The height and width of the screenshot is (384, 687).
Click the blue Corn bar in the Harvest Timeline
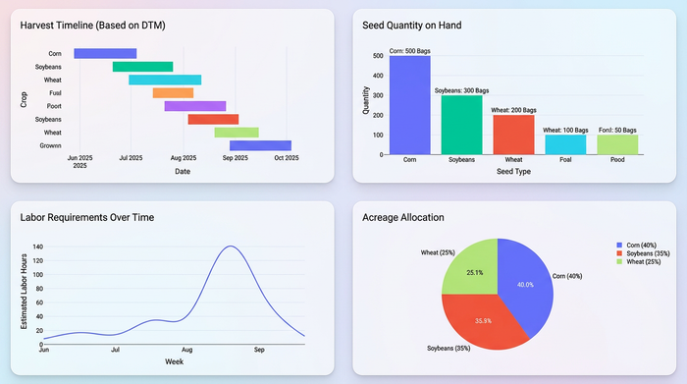point(105,53)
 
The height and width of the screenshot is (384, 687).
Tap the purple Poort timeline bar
point(194,106)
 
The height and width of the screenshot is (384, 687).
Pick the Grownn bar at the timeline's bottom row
point(260,145)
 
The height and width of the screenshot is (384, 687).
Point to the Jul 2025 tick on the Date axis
point(131,157)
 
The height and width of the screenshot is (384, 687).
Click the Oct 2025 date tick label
point(286,157)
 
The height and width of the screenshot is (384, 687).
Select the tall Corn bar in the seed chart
point(409,105)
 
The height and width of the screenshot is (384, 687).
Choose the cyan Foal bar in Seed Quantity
point(565,144)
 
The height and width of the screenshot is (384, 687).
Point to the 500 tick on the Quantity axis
point(378,56)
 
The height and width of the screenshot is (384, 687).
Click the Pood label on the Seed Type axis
point(617,159)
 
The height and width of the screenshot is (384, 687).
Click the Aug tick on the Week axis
point(187,349)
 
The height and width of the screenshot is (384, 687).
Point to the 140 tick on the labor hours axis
point(38,248)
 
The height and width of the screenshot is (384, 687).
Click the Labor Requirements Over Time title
point(86,217)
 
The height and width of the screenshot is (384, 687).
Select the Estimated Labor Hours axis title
point(24,292)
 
